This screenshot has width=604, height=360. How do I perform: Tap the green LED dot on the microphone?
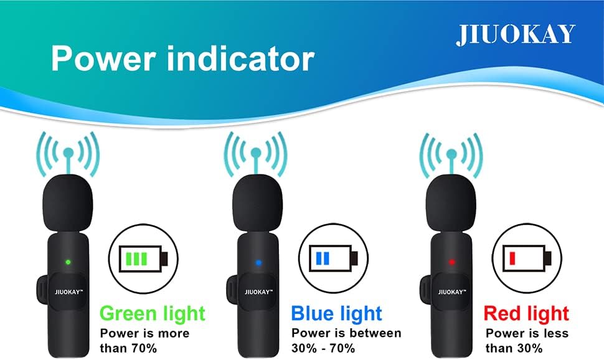coord(68,262)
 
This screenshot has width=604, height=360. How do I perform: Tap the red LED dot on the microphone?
coord(451,262)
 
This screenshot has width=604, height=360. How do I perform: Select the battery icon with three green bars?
coord(143,257)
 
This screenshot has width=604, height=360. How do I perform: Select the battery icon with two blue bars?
coord(335,257)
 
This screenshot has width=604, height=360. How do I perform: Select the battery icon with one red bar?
coord(527,257)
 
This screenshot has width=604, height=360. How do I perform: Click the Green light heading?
coord(152,313)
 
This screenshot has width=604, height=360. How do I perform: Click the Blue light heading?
coord(336,313)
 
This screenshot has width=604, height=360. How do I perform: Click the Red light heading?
coord(526,313)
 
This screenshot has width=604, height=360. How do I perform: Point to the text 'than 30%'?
coord(514,348)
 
